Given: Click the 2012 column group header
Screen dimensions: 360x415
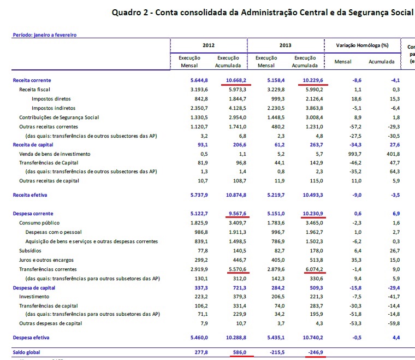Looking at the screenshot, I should [208, 45].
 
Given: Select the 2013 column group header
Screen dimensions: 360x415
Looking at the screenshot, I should [286, 45].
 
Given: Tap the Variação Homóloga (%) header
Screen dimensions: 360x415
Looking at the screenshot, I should [361, 45].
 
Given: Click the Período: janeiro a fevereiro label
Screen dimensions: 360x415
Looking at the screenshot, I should [44, 34].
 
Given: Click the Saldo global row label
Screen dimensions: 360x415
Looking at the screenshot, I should [27, 352].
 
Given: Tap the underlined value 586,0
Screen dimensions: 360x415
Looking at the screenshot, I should [239, 352].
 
